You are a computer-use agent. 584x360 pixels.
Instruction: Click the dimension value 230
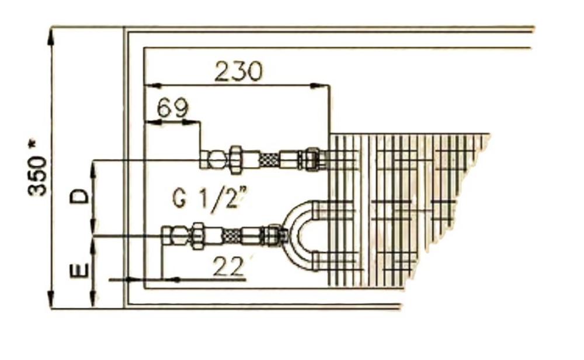[x=238, y=71]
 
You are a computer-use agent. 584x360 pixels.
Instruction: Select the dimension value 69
[x=173, y=108]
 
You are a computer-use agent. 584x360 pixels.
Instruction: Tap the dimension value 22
[x=227, y=267]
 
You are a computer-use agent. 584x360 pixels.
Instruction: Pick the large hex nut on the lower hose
[x=197, y=236]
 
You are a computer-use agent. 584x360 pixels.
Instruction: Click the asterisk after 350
[x=36, y=144]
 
